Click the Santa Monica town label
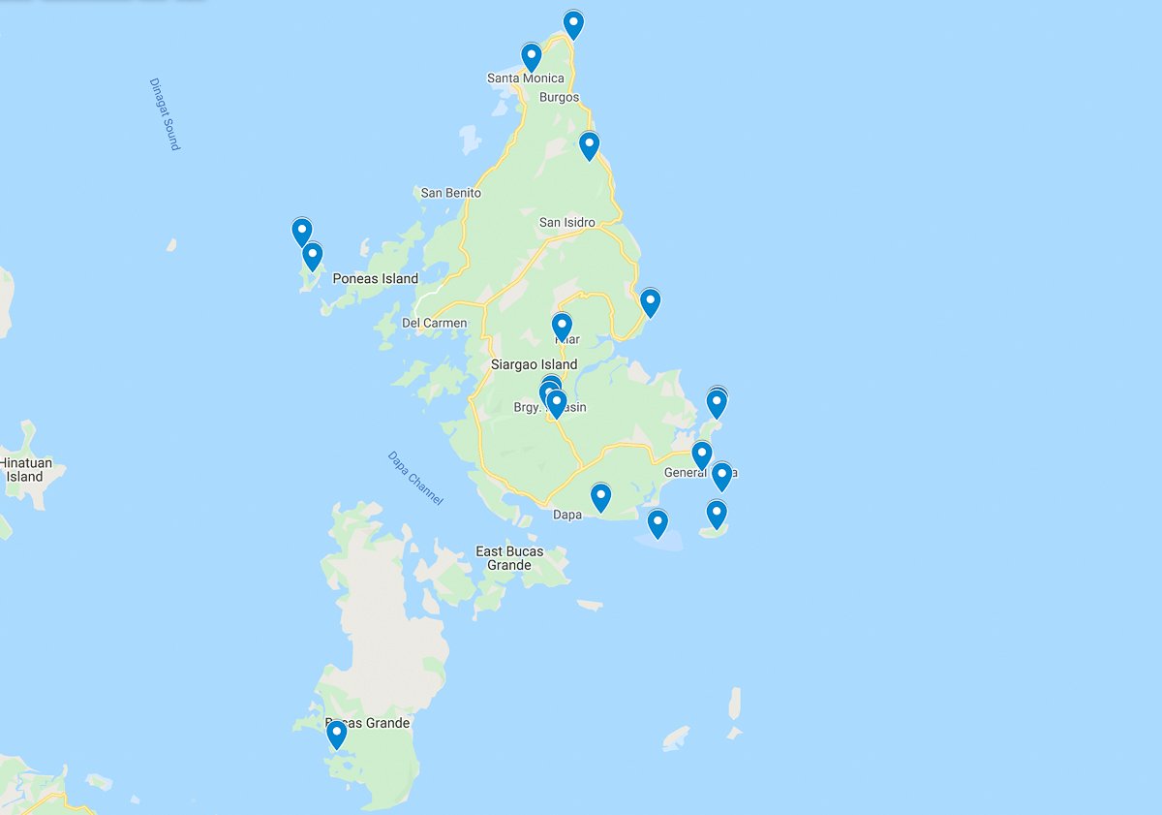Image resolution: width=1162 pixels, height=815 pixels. click(x=525, y=78)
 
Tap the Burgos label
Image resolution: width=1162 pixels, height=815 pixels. click(x=560, y=98)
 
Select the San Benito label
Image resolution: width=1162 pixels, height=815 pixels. click(x=450, y=193)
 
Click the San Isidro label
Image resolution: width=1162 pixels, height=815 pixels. click(x=566, y=223)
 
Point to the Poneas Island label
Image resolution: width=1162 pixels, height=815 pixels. click(x=375, y=279)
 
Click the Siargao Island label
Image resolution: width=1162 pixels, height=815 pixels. click(x=534, y=365)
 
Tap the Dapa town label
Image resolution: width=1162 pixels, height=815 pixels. click(x=567, y=515)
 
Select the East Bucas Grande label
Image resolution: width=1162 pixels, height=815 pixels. click(x=509, y=558)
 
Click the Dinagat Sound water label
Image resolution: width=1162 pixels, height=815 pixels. click(x=165, y=113)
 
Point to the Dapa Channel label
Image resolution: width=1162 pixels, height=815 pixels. click(x=415, y=478)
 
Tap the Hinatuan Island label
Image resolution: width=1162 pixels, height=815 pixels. click(x=24, y=470)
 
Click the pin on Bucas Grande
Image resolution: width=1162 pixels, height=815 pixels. click(x=336, y=734)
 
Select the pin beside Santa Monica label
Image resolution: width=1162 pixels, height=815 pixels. click(x=531, y=56)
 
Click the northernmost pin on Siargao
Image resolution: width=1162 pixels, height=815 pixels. click(x=573, y=23)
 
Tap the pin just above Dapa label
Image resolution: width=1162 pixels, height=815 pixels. click(x=600, y=497)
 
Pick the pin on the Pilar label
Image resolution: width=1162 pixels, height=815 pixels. click(x=562, y=326)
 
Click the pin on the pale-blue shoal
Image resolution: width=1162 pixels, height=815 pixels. click(x=657, y=522)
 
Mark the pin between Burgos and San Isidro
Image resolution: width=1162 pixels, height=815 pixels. click(x=589, y=145)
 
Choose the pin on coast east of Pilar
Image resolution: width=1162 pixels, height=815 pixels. click(x=651, y=301)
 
